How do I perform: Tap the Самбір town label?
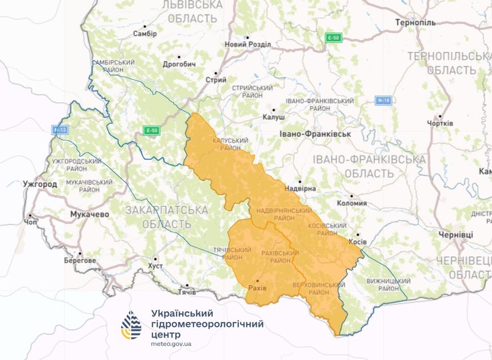(144, 33)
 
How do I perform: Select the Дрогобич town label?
(180, 65)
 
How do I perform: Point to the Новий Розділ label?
(247, 45)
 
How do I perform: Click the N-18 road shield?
(382, 100)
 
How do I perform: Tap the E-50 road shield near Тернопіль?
(333, 38)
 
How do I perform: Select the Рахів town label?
(257, 288)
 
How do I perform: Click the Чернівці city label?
(455, 236)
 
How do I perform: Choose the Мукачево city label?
(89, 215)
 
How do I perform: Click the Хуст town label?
(155, 266)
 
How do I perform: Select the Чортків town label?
(439, 123)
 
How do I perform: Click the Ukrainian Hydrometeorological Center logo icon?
(131, 325)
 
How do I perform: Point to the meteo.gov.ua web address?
(172, 343)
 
